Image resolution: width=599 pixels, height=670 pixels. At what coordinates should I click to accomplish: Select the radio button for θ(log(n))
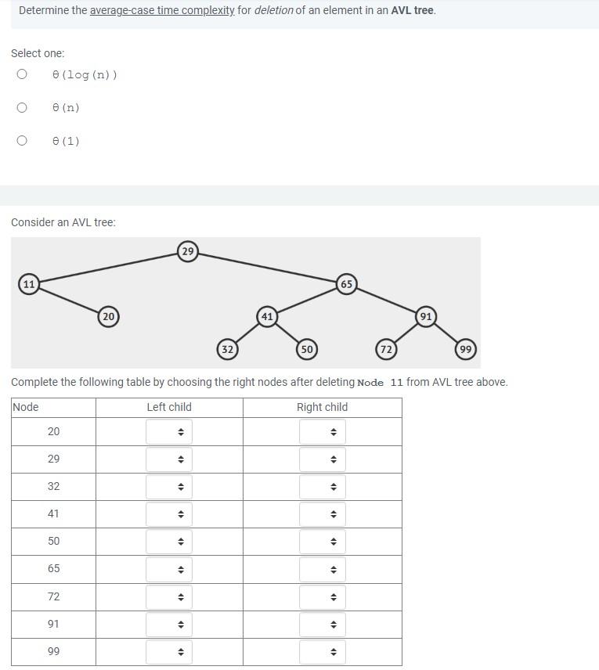(x=22, y=74)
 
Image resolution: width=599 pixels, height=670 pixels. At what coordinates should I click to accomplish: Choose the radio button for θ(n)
(x=22, y=108)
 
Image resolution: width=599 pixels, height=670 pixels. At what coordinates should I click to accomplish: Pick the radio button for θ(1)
(x=22, y=141)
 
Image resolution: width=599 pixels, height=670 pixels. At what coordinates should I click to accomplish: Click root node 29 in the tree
(x=187, y=251)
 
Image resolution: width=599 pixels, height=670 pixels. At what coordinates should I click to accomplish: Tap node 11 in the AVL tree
(x=29, y=283)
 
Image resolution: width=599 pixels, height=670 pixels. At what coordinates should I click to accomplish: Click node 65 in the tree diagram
(x=346, y=283)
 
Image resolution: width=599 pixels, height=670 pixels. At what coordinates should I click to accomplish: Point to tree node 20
(x=108, y=316)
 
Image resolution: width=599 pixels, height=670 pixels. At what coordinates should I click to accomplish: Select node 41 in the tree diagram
(x=267, y=316)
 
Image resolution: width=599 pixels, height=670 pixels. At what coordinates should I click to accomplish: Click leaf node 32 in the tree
(x=227, y=349)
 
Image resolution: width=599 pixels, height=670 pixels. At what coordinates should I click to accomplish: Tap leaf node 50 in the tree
(x=306, y=349)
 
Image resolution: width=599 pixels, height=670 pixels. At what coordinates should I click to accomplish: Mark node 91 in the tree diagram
(x=425, y=316)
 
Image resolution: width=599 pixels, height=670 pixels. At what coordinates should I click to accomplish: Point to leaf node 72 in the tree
(x=385, y=349)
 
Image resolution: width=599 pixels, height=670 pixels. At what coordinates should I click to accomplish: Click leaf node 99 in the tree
(x=466, y=349)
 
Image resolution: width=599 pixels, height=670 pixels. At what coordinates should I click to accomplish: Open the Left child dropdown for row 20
(x=169, y=432)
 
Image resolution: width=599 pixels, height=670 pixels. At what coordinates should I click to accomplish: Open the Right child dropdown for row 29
(x=322, y=459)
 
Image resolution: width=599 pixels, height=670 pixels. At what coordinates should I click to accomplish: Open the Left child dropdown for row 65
(x=169, y=569)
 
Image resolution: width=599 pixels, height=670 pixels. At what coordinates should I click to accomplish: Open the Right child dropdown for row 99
(x=322, y=652)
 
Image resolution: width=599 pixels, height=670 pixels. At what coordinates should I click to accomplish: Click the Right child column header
(x=322, y=407)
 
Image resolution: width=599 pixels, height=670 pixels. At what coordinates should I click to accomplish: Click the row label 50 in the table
(x=53, y=541)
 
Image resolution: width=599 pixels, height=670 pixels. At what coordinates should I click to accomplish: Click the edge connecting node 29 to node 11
(x=108, y=268)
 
